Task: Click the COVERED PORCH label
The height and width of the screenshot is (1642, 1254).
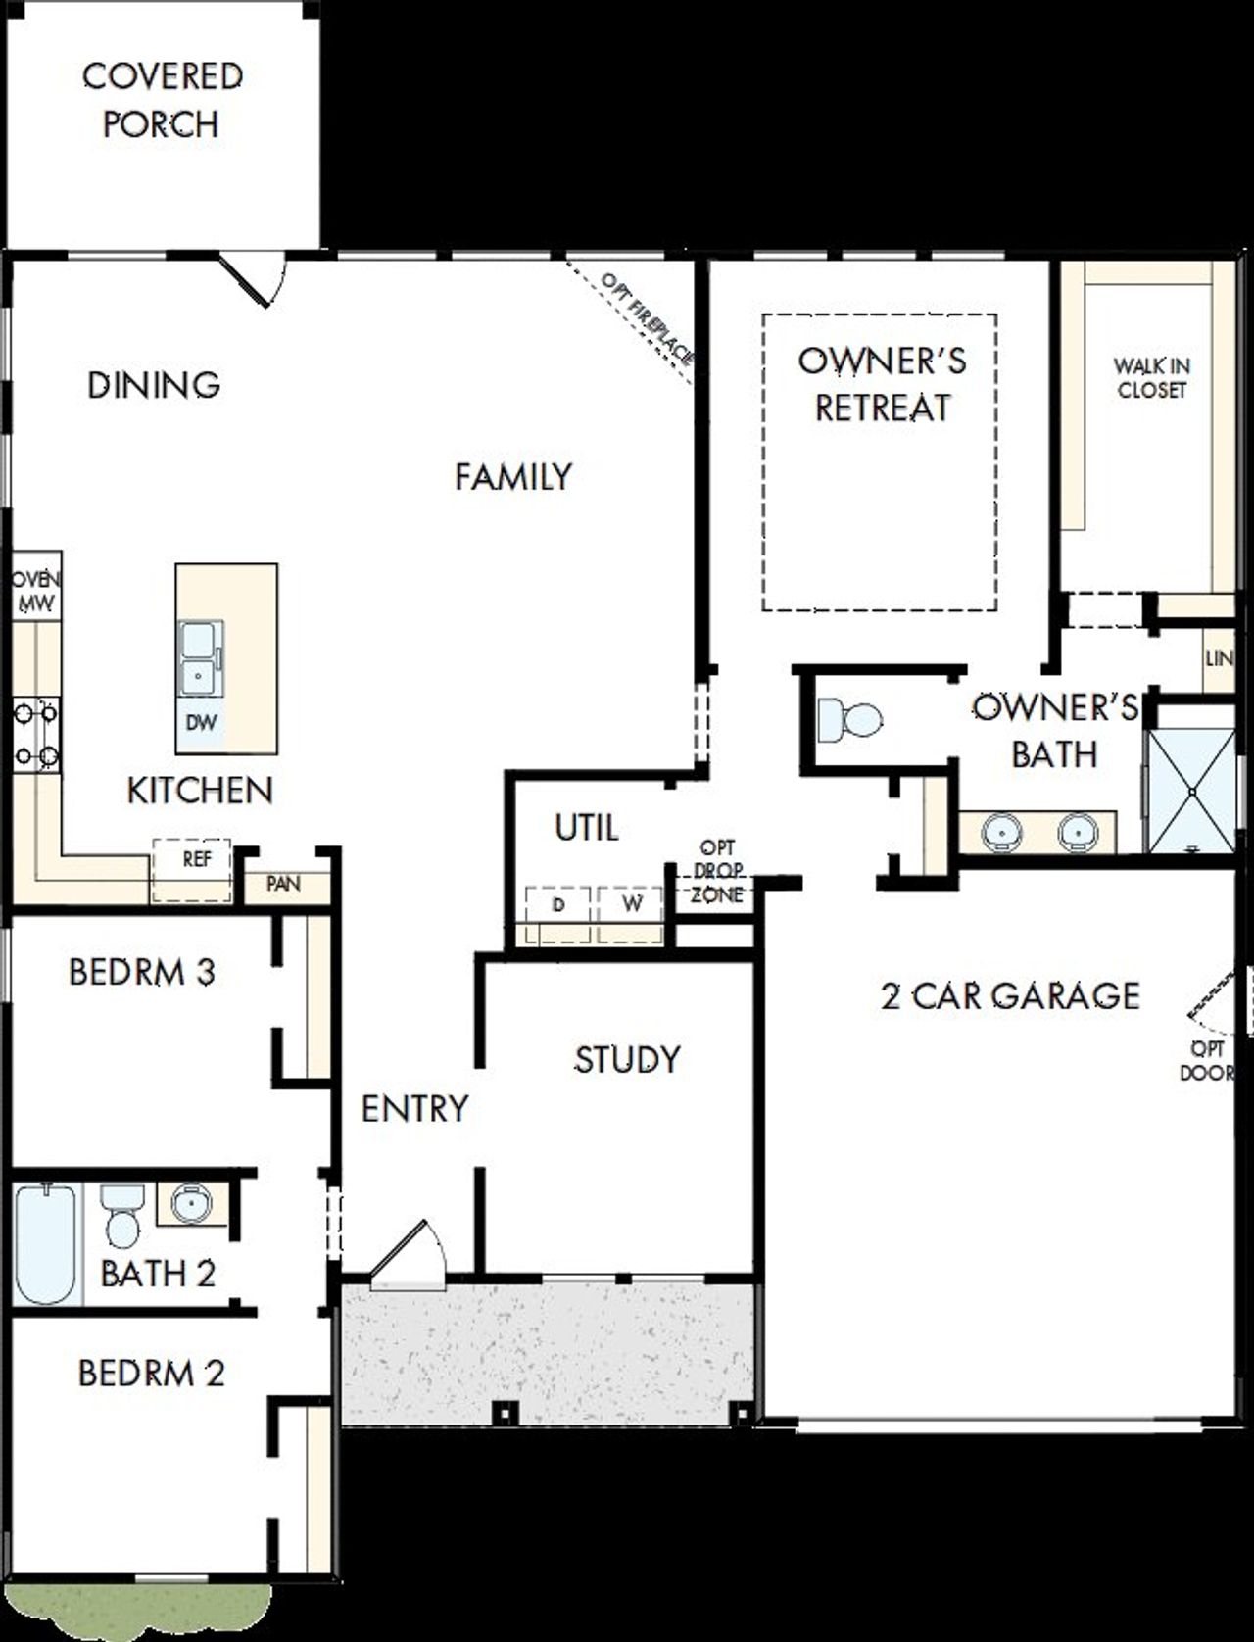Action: pos(162,100)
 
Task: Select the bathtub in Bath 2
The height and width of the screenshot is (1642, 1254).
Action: pos(46,1244)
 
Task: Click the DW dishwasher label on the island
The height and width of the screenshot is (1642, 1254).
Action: pos(201,724)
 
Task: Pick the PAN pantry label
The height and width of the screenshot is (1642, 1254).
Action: pos(283,884)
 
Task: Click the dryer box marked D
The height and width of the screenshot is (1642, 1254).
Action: pos(557,913)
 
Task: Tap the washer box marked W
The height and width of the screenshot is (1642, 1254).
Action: pos(631,913)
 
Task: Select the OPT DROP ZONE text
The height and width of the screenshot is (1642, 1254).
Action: pos(717,871)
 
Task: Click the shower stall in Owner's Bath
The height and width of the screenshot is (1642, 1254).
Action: pos(1191,790)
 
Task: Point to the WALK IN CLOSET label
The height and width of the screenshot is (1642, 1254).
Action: pos(1151,378)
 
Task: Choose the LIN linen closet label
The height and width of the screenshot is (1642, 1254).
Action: pos(1219,658)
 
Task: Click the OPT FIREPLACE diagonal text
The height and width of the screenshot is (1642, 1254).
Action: pos(648,318)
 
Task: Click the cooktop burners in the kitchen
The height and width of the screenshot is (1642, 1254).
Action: pos(35,734)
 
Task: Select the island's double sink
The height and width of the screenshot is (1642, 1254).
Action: pos(200,657)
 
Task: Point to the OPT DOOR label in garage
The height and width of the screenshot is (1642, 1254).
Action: pos(1207,1061)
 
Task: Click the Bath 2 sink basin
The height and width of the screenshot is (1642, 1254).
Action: pos(191,1203)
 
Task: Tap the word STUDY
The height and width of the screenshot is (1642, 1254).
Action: pos(627,1059)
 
